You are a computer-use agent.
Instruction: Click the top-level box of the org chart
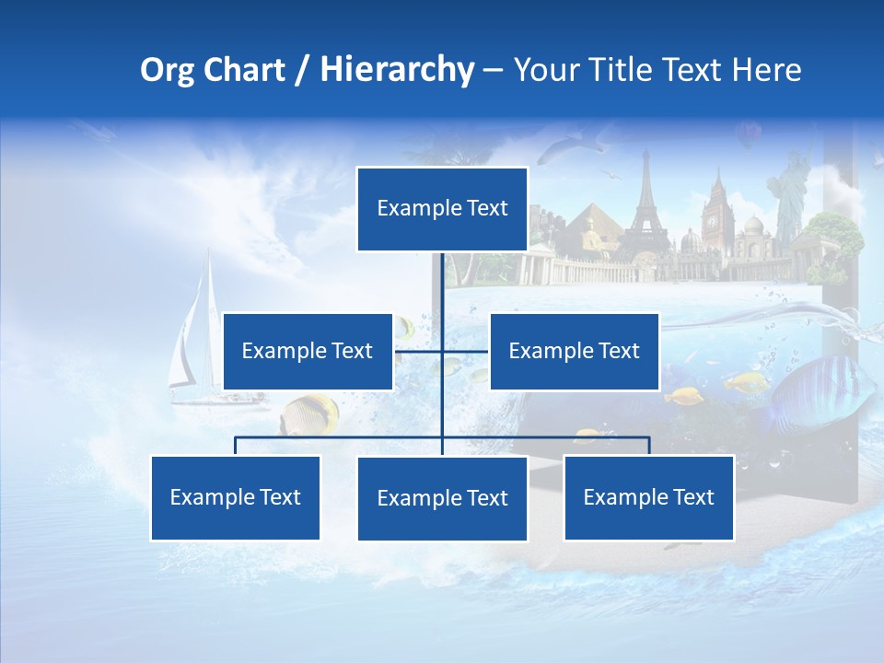coord(442,209)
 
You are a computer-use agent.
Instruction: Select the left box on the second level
coord(308,351)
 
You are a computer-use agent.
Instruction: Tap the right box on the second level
coord(574,351)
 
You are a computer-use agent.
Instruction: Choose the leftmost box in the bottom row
coord(235,497)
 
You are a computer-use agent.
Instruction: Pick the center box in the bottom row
coord(442,498)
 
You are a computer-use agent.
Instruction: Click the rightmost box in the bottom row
coord(648,497)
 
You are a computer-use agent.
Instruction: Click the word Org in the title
coord(167,70)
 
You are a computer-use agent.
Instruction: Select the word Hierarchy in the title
coord(397,70)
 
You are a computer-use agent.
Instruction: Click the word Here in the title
coord(767,70)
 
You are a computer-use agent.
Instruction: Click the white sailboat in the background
coord(196,331)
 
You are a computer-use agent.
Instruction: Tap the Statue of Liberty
coord(789,193)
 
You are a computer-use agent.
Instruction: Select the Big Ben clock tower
coord(715,216)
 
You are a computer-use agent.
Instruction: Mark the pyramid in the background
coord(589,230)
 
